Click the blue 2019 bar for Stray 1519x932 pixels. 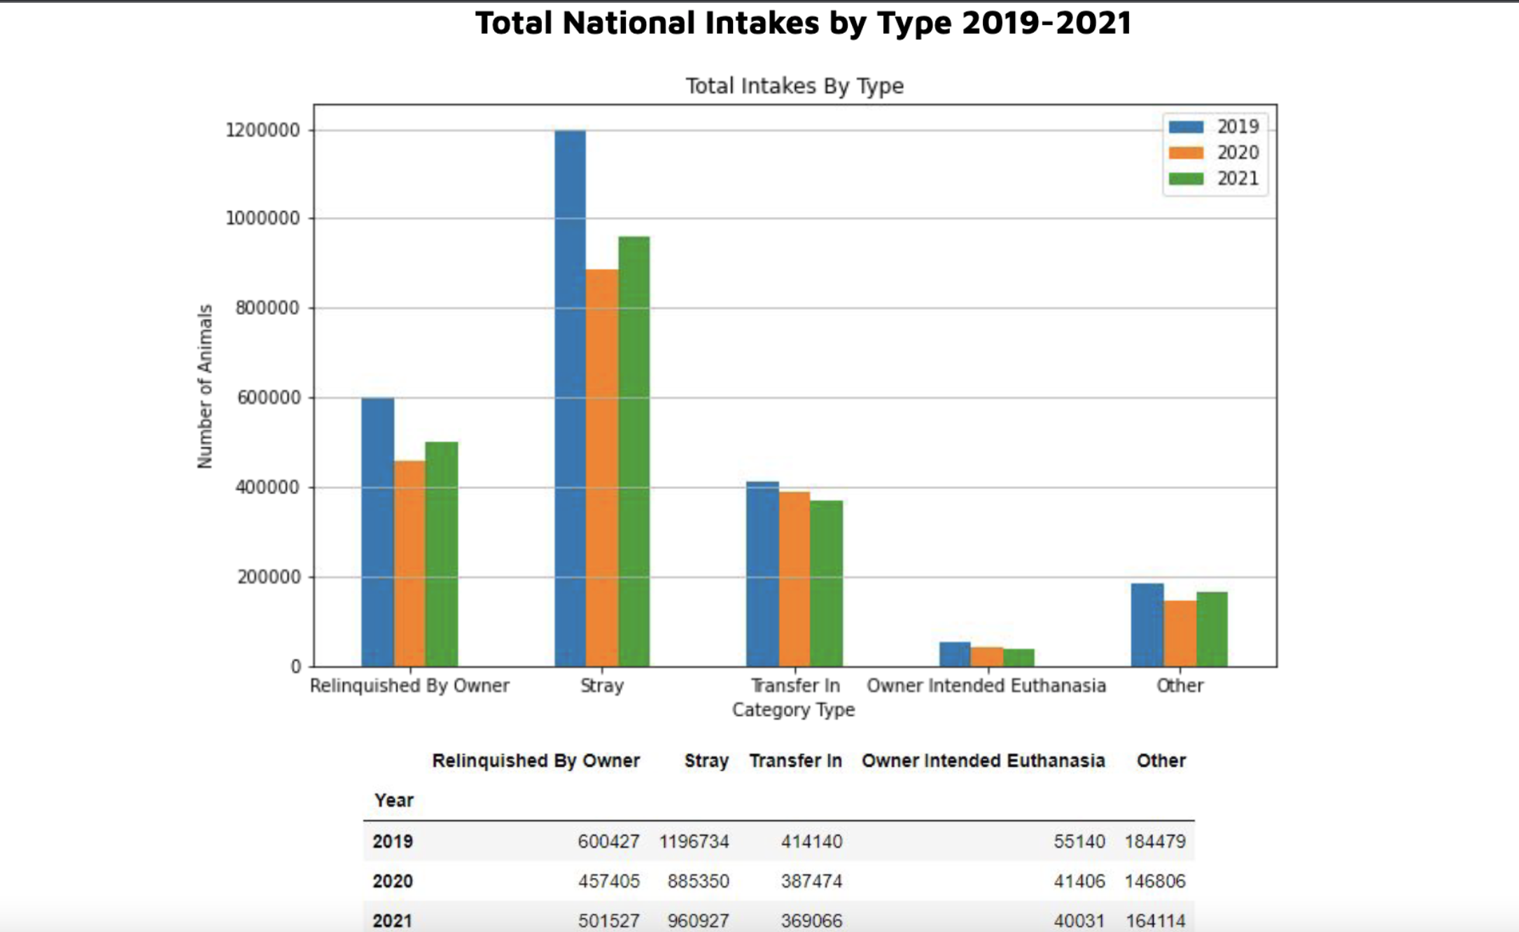570,399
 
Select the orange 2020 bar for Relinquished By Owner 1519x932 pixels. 409,563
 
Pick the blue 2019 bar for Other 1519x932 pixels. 1147,624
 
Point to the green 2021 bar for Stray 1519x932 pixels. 633,451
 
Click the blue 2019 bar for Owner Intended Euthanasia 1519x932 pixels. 955,654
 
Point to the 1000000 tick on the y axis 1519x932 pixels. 262,218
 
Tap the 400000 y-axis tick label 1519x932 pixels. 267,487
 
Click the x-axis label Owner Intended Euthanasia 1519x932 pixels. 986,686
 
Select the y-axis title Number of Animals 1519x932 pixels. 204,386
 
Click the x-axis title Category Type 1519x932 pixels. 793,709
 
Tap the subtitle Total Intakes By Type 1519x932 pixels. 794,85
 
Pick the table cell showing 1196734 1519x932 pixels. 694,841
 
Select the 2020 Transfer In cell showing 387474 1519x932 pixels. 811,881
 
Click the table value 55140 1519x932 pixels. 1079,841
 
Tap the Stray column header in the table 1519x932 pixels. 706,761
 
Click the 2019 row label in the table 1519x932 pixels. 392,841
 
